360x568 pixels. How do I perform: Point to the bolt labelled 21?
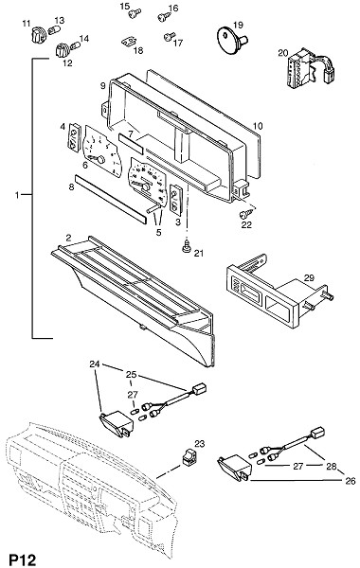[187, 247]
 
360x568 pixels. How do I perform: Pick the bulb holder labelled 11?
[38, 35]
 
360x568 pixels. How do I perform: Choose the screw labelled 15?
[135, 14]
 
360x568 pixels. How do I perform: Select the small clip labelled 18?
[128, 42]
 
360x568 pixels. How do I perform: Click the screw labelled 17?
[169, 37]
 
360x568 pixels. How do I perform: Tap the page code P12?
[23, 559]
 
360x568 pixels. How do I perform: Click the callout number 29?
[309, 277]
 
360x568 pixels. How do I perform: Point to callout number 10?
[258, 126]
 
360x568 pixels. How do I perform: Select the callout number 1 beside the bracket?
[17, 195]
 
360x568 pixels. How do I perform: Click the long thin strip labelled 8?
[111, 200]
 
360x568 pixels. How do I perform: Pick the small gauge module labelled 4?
[74, 136]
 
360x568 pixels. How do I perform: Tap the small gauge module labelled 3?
[175, 198]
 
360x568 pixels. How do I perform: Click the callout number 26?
[351, 481]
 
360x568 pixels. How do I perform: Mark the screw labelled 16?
[164, 16]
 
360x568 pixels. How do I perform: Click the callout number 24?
[95, 364]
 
